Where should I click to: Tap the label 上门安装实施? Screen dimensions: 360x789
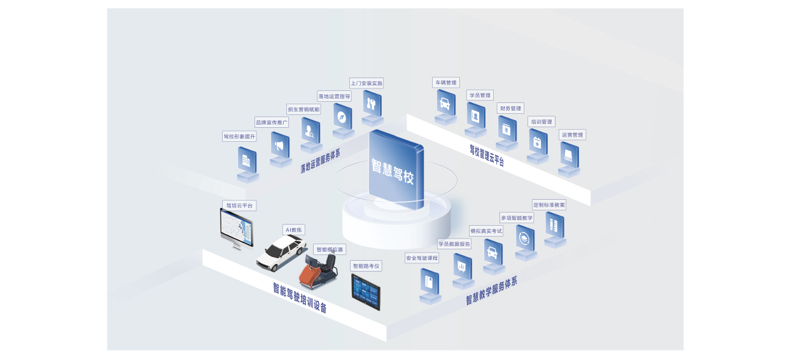[367, 83]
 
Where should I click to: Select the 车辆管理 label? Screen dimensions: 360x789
[445, 83]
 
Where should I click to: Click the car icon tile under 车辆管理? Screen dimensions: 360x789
[445, 104]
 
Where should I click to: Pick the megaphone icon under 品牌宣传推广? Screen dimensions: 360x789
[279, 146]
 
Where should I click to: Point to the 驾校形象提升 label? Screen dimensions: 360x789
[239, 136]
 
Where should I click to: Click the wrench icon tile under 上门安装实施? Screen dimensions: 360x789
[372, 103]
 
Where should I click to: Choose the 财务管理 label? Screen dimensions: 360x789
[510, 108]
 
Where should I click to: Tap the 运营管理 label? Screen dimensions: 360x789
[572, 135]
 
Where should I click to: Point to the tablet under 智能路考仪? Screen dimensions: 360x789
[366, 292]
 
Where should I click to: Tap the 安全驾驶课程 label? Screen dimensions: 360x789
[422, 258]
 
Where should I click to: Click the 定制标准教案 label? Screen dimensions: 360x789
[549, 205]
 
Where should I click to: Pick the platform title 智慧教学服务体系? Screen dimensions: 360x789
[491, 291]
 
